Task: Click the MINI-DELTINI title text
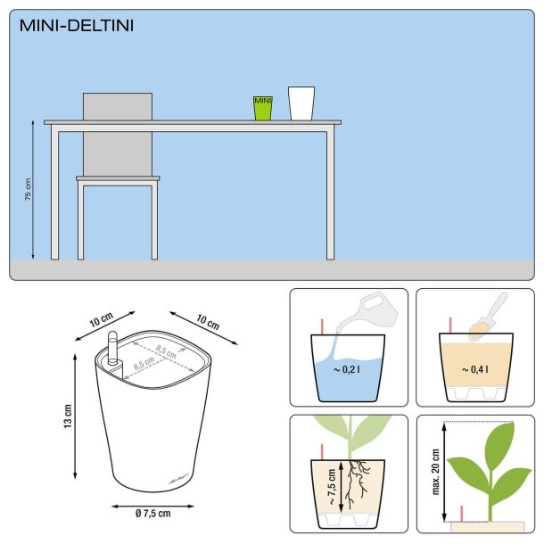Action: coord(77,25)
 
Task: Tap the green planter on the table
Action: coord(262,108)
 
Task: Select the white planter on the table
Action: coord(301,103)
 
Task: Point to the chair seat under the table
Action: coord(118,178)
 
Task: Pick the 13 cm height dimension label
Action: coord(67,416)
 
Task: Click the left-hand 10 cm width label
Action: coord(101,320)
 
